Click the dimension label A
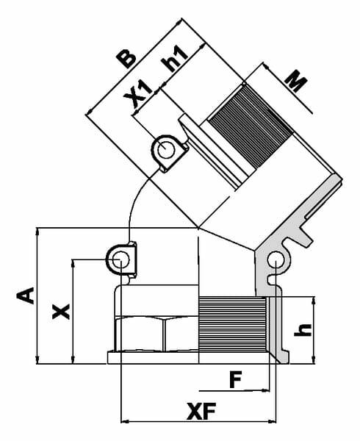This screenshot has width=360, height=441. point(26,295)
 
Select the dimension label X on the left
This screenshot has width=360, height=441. point(61,312)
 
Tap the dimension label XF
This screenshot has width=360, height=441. point(201,411)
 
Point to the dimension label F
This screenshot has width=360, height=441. point(236,379)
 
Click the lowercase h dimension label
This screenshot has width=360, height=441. point(303,330)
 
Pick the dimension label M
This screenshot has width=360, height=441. point(295,81)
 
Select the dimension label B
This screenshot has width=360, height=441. point(126,60)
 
